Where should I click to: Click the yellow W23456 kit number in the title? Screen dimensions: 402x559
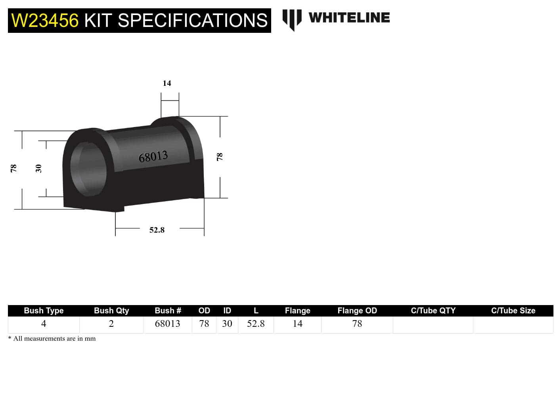click(45, 21)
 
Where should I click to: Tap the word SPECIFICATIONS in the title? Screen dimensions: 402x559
click(192, 21)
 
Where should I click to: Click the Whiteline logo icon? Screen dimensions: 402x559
click(292, 19)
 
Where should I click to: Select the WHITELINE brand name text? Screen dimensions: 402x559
click(349, 18)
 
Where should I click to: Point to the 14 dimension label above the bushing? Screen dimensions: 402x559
click(167, 83)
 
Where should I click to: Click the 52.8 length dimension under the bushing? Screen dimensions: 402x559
click(157, 230)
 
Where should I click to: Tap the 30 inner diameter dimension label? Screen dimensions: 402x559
click(38, 169)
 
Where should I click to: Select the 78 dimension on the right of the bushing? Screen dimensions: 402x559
click(220, 157)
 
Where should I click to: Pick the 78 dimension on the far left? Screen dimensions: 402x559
click(13, 169)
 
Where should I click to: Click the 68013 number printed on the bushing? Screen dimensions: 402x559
click(153, 157)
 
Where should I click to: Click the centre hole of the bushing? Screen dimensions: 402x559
click(89, 168)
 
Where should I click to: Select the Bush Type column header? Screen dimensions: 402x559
click(44, 311)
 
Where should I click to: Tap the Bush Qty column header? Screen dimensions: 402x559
click(111, 311)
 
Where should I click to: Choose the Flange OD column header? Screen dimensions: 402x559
click(357, 311)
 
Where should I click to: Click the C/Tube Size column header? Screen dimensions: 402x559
click(513, 311)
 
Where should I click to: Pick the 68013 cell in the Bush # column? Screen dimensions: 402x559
click(167, 324)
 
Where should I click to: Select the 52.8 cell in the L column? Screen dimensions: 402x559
click(256, 324)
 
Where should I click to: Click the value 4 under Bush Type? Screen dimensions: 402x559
click(44, 324)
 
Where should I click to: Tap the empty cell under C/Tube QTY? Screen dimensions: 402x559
click(433, 324)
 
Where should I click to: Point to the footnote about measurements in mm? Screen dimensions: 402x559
click(52, 339)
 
